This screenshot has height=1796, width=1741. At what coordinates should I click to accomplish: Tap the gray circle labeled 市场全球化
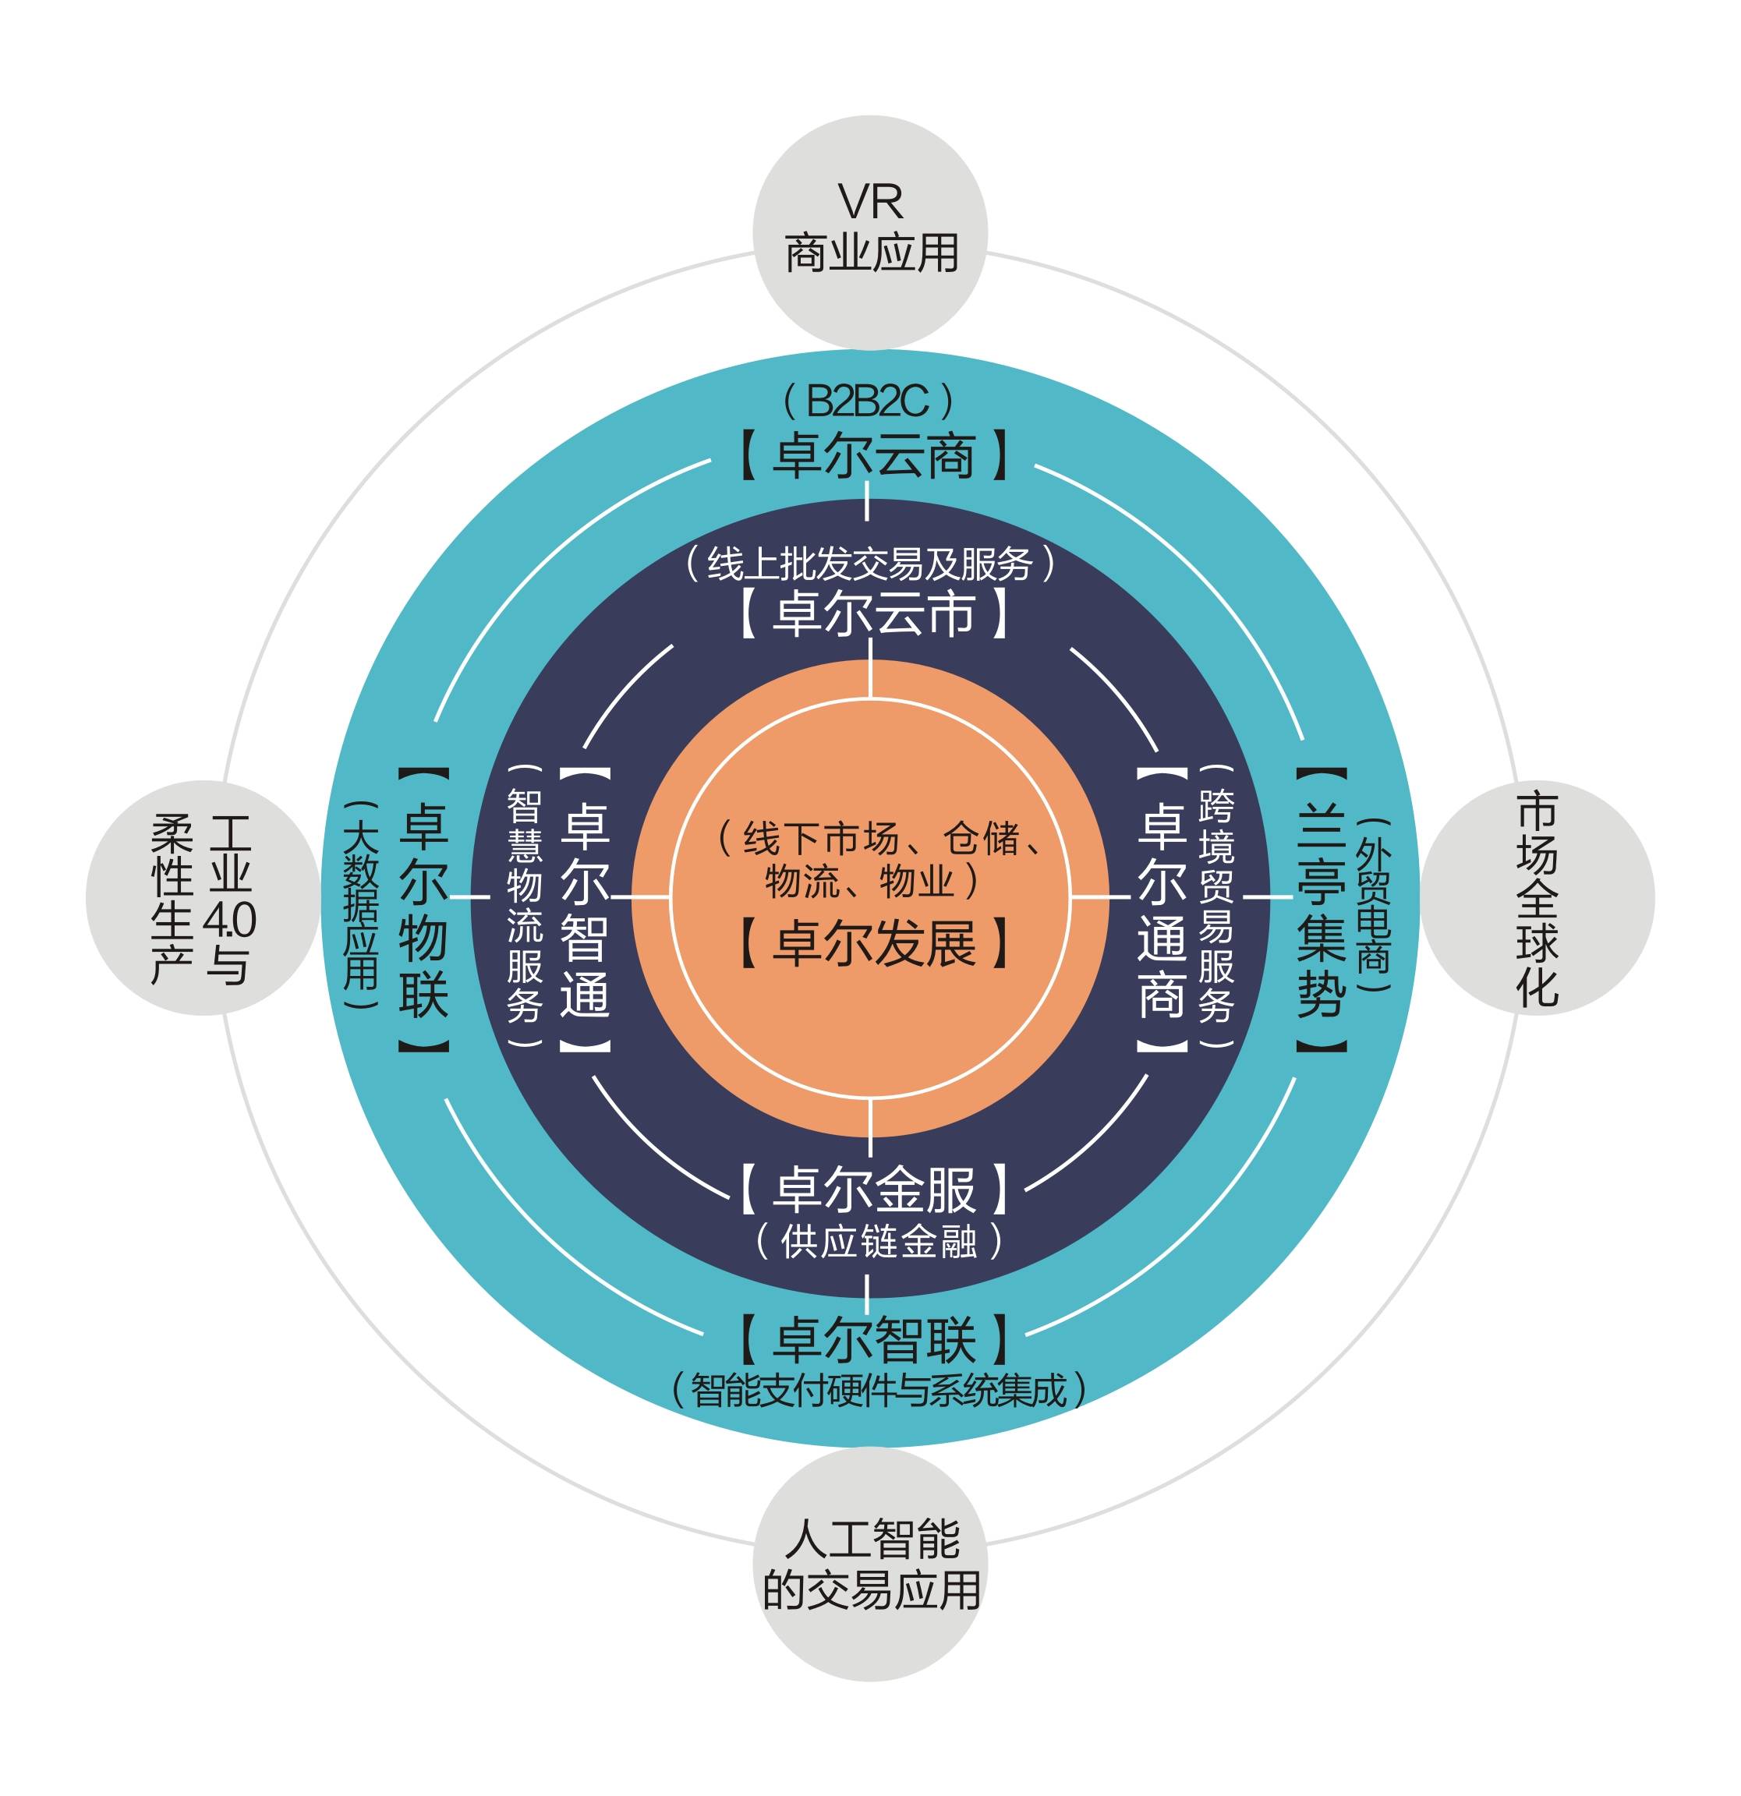coord(1537,897)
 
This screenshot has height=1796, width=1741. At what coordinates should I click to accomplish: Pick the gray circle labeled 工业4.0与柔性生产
coord(203,897)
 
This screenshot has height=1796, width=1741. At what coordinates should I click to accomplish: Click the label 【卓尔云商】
coord(872,455)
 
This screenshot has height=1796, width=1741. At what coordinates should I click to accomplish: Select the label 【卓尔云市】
coord(872,613)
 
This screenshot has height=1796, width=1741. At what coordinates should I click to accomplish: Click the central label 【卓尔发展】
coord(872,943)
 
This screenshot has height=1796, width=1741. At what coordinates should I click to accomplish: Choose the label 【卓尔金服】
coord(872,1189)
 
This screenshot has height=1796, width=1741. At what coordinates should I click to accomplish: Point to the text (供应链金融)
coord(877,1242)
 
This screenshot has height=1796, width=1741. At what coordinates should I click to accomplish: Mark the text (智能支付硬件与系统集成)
coord(878,1390)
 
